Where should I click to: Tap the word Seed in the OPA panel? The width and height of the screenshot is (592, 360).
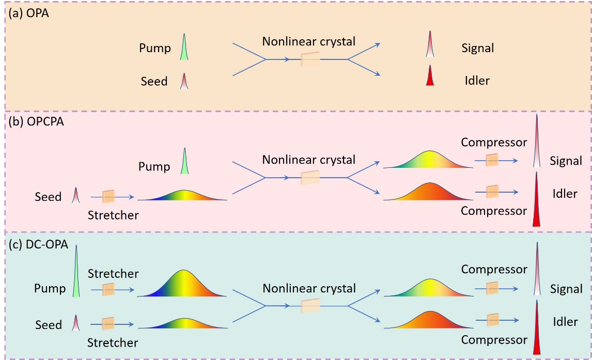click(x=154, y=81)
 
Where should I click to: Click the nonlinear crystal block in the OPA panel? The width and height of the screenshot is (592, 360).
click(x=310, y=59)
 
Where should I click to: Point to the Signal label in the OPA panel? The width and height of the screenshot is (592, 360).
click(x=478, y=48)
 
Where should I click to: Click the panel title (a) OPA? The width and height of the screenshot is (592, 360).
click(x=29, y=13)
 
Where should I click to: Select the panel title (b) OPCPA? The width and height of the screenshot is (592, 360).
click(x=36, y=121)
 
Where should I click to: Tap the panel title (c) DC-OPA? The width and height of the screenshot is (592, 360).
click(x=38, y=244)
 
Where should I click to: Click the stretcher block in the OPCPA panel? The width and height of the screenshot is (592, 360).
click(x=108, y=197)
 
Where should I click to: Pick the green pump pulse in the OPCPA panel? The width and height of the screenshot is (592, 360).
click(x=184, y=161)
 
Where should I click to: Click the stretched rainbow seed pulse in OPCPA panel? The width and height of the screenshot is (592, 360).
click(x=183, y=195)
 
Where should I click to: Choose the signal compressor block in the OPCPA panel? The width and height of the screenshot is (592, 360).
click(x=492, y=160)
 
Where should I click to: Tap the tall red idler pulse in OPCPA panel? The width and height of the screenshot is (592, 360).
click(x=536, y=199)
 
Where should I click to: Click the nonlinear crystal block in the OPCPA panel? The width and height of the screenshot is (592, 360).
click(x=310, y=177)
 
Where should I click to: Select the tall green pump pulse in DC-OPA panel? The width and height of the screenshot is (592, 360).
click(x=76, y=271)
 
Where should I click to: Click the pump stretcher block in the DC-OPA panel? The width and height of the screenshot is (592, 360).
click(x=108, y=290)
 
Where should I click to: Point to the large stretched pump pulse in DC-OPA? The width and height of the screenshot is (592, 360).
click(x=182, y=284)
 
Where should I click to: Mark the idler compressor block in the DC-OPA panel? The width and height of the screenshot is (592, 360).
click(x=493, y=320)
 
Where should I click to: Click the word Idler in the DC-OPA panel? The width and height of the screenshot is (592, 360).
click(x=565, y=322)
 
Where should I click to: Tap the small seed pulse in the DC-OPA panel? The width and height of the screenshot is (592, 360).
click(x=76, y=323)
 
